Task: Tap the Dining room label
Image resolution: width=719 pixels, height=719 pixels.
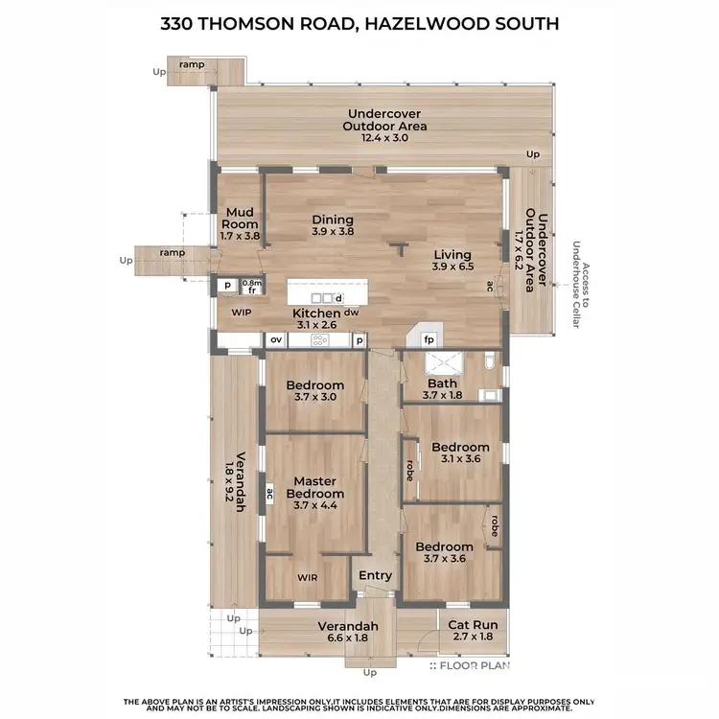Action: click(x=333, y=220)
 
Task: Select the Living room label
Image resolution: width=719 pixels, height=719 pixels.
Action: click(x=452, y=255)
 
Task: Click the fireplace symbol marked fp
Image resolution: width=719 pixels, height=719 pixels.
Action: click(x=429, y=339)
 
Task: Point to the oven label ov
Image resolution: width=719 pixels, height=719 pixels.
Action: click(x=275, y=339)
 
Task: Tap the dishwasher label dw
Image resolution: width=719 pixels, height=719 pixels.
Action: click(x=352, y=313)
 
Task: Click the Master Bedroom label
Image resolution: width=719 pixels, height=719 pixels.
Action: click(x=313, y=486)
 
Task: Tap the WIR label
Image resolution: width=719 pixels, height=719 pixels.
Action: click(x=307, y=578)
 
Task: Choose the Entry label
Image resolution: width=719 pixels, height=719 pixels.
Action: click(x=375, y=575)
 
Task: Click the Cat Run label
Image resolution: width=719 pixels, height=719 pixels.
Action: click(x=471, y=625)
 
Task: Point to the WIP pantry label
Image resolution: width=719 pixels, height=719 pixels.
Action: click(x=240, y=313)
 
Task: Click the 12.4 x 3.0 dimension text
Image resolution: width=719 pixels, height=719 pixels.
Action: click(x=385, y=138)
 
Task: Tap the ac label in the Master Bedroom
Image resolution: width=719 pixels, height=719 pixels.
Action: click(x=270, y=495)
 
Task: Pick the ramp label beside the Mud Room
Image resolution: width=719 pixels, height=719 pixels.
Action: click(x=173, y=252)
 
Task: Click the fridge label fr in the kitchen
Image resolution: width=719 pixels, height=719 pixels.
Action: click(x=251, y=290)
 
